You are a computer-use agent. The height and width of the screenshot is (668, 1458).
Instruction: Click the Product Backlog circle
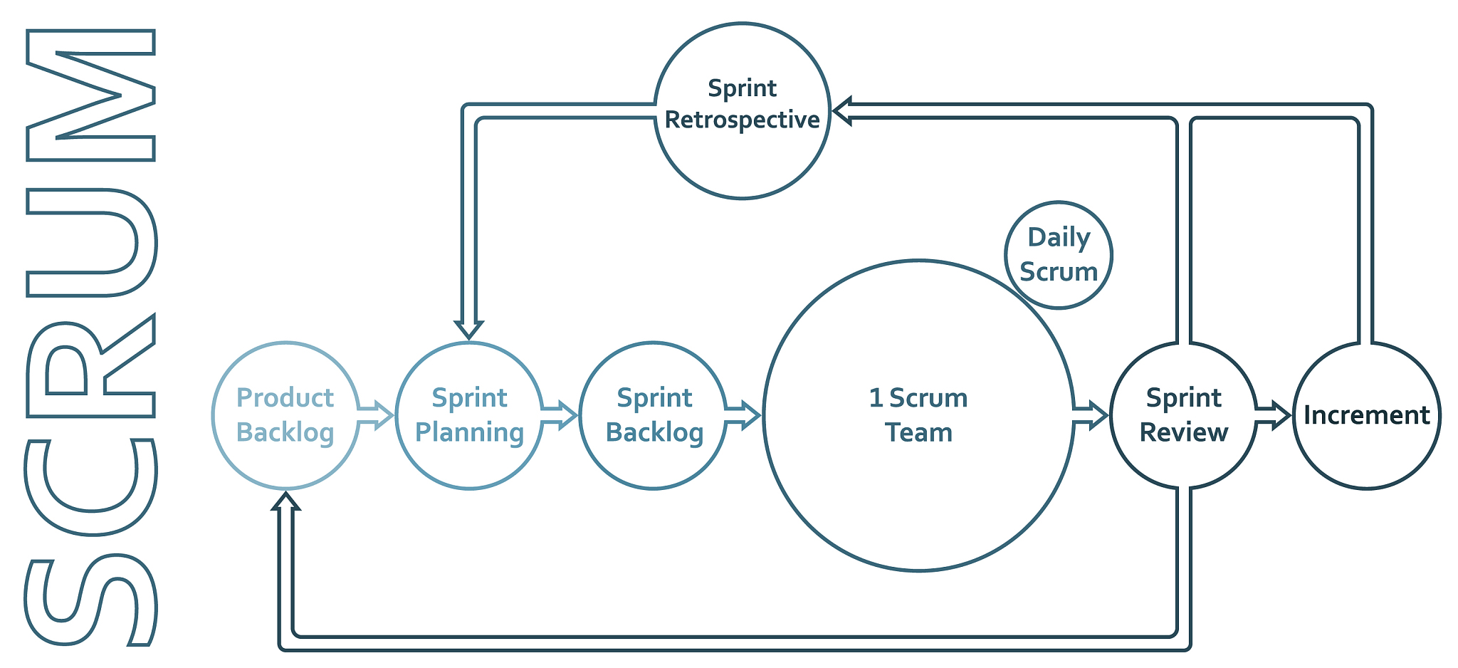[x=285, y=415]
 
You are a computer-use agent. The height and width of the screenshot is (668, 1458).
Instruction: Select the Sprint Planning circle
[x=469, y=415]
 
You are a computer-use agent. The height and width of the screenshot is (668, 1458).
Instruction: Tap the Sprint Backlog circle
[x=654, y=415]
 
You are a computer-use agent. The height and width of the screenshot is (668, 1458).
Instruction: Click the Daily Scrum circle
[x=1059, y=255]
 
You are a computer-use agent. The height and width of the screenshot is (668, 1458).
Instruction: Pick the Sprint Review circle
[x=1183, y=415]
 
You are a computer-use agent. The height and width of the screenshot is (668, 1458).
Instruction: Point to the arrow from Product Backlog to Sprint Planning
[x=376, y=415]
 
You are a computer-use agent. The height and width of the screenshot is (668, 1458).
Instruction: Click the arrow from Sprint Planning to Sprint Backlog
[x=560, y=415]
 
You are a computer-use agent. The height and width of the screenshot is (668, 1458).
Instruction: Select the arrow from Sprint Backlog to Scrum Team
[x=743, y=415]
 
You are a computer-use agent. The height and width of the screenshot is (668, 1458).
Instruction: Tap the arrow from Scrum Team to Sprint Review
[x=1091, y=415]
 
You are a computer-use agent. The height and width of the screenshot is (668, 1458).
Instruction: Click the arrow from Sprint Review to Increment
[x=1274, y=415]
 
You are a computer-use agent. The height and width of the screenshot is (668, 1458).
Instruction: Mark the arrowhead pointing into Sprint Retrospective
[x=843, y=112]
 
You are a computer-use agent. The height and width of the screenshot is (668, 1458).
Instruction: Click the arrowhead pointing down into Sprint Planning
[x=469, y=328]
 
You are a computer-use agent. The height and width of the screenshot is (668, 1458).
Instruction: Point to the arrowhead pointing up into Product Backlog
[x=285, y=501]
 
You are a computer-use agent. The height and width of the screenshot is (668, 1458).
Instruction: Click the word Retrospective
[x=743, y=120]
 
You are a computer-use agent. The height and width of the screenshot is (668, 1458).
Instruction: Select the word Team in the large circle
[x=918, y=432]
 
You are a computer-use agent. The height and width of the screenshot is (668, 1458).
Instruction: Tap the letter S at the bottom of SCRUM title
[x=91, y=600]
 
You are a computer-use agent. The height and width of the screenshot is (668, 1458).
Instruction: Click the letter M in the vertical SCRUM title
[x=91, y=95]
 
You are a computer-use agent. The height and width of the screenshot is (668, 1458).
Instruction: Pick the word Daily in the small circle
[x=1059, y=237]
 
